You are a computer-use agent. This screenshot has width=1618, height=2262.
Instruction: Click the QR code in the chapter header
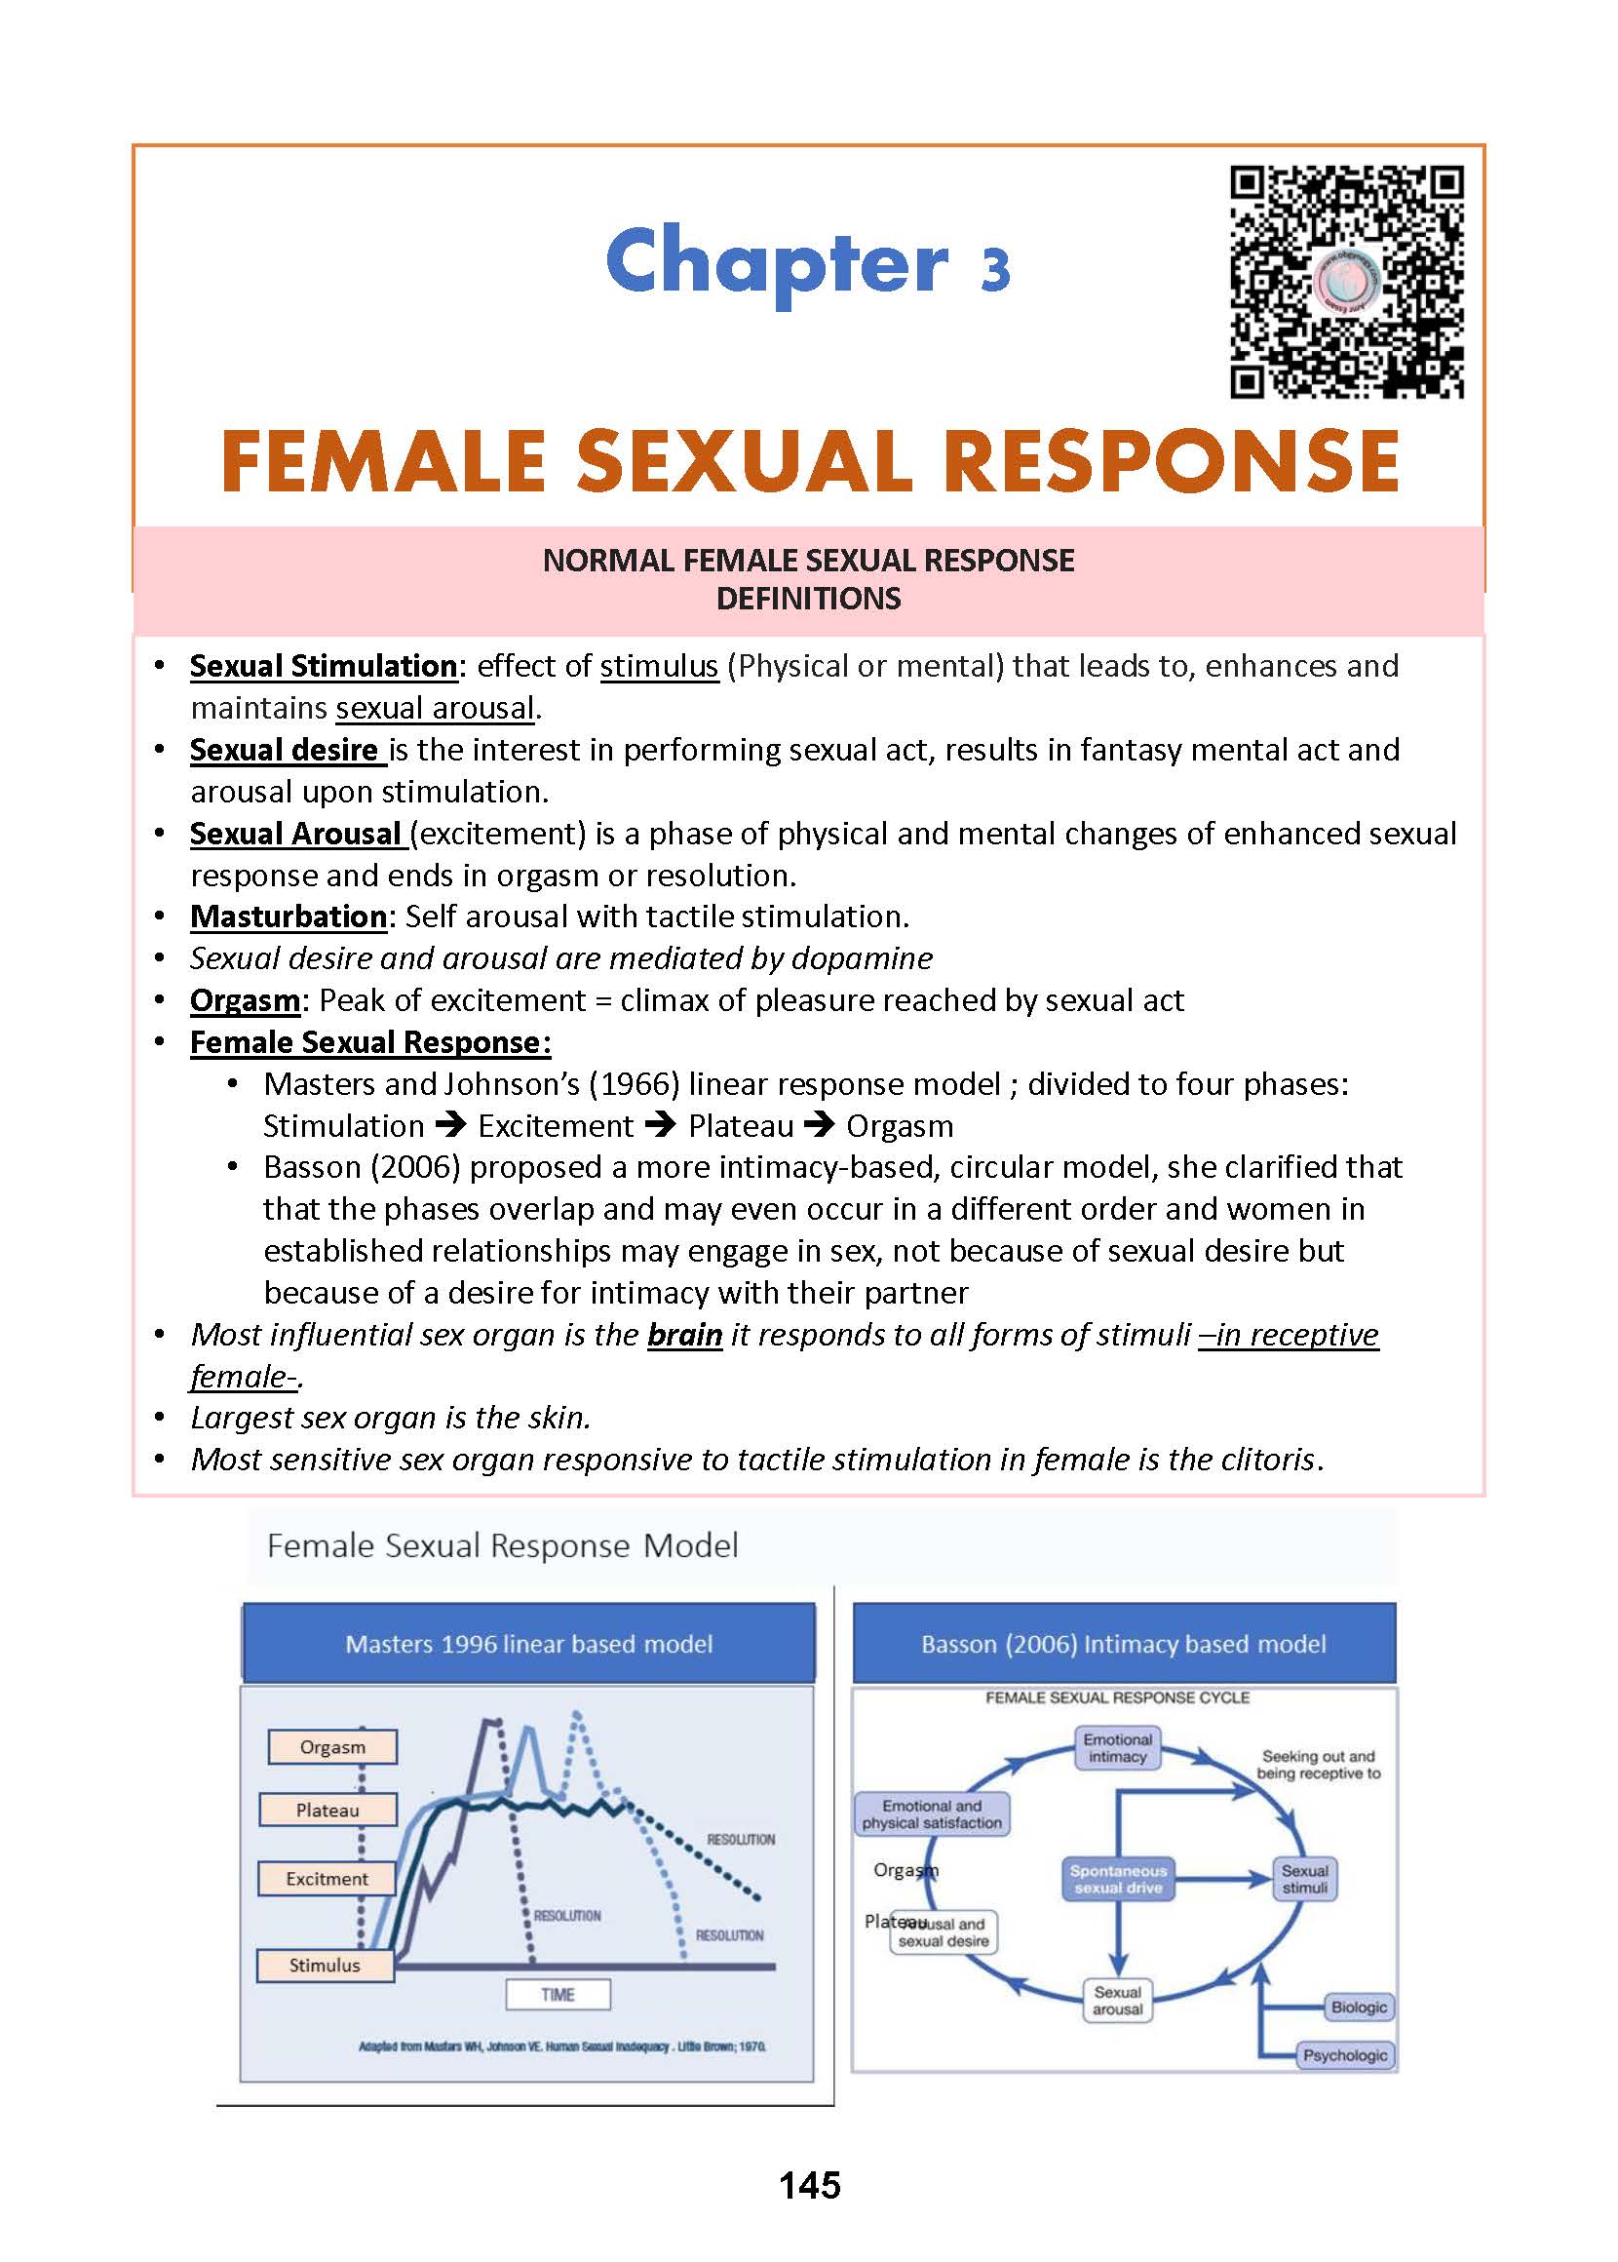click(x=1347, y=283)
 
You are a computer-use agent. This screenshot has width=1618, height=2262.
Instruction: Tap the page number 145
click(x=809, y=2184)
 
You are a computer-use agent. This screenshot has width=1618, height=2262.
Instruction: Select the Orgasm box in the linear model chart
click(x=332, y=1747)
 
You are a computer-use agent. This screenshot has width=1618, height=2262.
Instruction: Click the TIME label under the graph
click(x=558, y=1994)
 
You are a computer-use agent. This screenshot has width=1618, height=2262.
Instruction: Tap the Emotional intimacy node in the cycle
click(x=1117, y=1748)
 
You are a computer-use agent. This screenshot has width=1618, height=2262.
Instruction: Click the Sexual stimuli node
click(x=1304, y=1880)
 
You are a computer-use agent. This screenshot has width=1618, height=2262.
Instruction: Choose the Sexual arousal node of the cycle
click(x=1117, y=2000)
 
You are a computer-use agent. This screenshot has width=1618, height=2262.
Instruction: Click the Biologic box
click(x=1358, y=2007)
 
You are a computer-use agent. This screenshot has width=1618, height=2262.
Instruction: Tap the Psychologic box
click(x=1345, y=2054)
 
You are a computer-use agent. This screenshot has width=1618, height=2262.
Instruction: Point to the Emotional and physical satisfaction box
click(x=933, y=1813)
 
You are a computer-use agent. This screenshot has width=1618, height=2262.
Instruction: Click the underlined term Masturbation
click(x=288, y=916)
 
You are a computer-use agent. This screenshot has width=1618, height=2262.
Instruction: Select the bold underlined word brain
click(x=684, y=1334)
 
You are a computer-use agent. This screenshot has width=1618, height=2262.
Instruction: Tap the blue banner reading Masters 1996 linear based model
click(x=529, y=1643)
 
